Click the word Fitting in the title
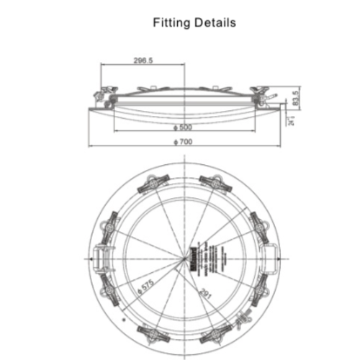171,23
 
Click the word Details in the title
215,22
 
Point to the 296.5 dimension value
143,62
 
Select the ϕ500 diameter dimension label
184,127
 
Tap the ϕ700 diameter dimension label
184,142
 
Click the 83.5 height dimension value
294,96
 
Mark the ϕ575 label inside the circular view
147,285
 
